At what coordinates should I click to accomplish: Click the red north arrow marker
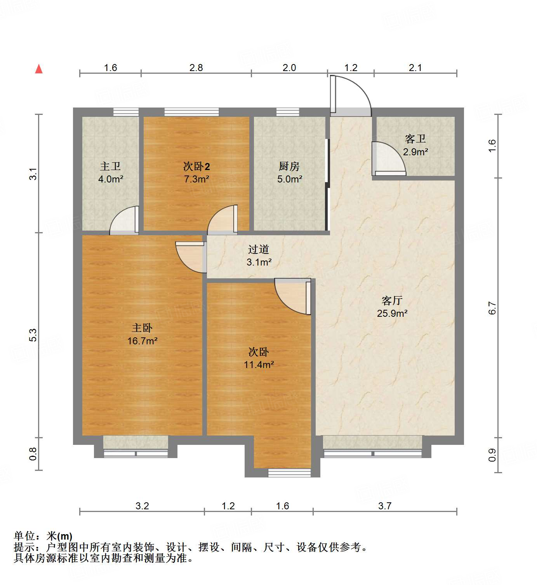[39, 69]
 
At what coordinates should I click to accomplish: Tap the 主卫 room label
[110, 167]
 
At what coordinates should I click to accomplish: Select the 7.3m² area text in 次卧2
[196, 179]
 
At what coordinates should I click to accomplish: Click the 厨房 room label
[289, 167]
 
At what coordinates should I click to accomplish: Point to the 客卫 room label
[415, 139]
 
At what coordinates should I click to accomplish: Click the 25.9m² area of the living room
[392, 313]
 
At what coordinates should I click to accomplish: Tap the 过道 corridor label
[259, 249]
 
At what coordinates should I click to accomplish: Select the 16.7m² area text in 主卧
[142, 341]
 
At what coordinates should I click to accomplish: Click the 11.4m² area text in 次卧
[259, 365]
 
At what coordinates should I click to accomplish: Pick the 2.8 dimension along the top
[196, 68]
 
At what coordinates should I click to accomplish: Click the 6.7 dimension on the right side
[492, 308]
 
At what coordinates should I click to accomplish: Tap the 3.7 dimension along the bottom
[384, 506]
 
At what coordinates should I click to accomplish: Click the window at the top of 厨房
[288, 112]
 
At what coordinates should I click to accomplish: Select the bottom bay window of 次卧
[289, 473]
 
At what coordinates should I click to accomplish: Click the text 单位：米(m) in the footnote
[43, 536]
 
